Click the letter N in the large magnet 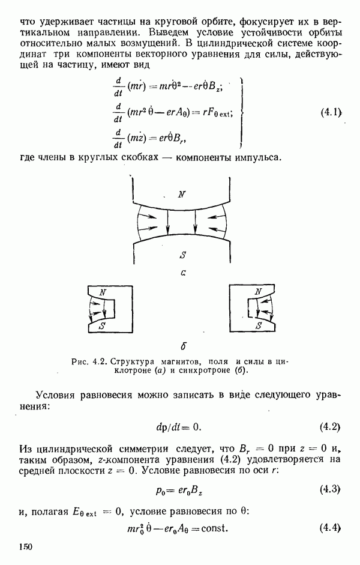click(x=181, y=193)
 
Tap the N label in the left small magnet click(x=104, y=292)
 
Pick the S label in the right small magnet click(x=259, y=326)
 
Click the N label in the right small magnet click(x=259, y=292)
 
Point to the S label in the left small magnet click(x=103, y=326)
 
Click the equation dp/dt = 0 click(x=178, y=427)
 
